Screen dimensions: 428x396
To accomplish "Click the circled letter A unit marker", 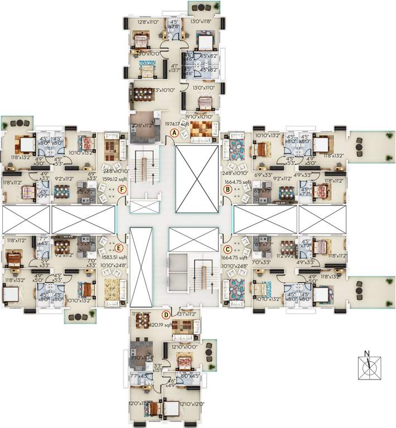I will point(175,133).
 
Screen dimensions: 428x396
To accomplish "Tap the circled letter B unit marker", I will point(228,189).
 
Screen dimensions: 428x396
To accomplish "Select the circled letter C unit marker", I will point(228,249).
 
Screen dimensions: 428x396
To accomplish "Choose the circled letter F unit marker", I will point(122,189).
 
